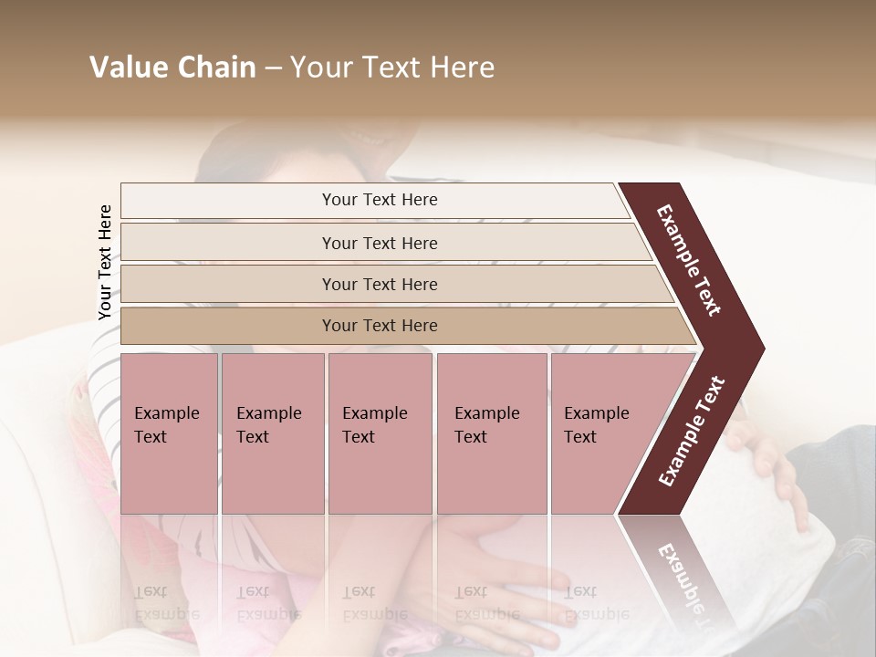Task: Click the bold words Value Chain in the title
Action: [172, 68]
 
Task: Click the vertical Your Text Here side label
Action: [105, 262]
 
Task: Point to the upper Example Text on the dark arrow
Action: [689, 260]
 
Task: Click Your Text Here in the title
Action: [392, 68]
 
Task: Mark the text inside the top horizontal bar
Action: [380, 200]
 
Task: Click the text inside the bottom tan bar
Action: [380, 326]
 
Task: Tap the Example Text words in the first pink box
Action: [166, 425]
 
